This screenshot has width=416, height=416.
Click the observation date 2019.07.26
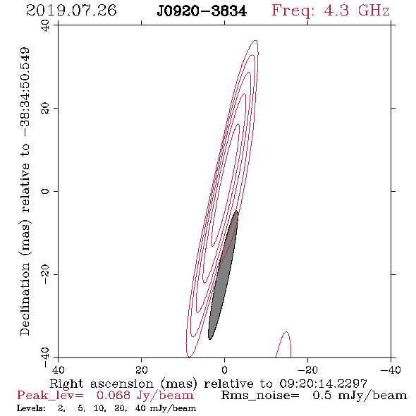click(71, 11)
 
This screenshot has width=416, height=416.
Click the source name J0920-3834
click(202, 11)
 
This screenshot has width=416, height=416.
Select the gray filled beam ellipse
click(223, 275)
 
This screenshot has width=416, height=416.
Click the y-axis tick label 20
click(45, 109)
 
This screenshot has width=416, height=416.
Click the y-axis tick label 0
click(45, 191)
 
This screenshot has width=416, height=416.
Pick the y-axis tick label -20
click(45, 274)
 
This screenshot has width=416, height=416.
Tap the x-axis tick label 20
click(142, 369)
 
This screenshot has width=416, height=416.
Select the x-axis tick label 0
click(224, 369)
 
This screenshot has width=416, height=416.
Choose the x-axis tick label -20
click(307, 369)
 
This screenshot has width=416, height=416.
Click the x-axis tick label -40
click(391, 369)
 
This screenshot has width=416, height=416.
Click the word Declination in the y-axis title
click(25, 300)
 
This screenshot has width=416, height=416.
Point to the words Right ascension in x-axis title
click(102, 384)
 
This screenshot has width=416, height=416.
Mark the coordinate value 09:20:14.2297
click(323, 384)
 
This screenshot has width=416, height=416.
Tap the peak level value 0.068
click(114, 396)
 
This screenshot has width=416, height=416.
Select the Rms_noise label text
click(260, 396)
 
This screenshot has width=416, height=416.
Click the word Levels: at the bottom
click(31, 408)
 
